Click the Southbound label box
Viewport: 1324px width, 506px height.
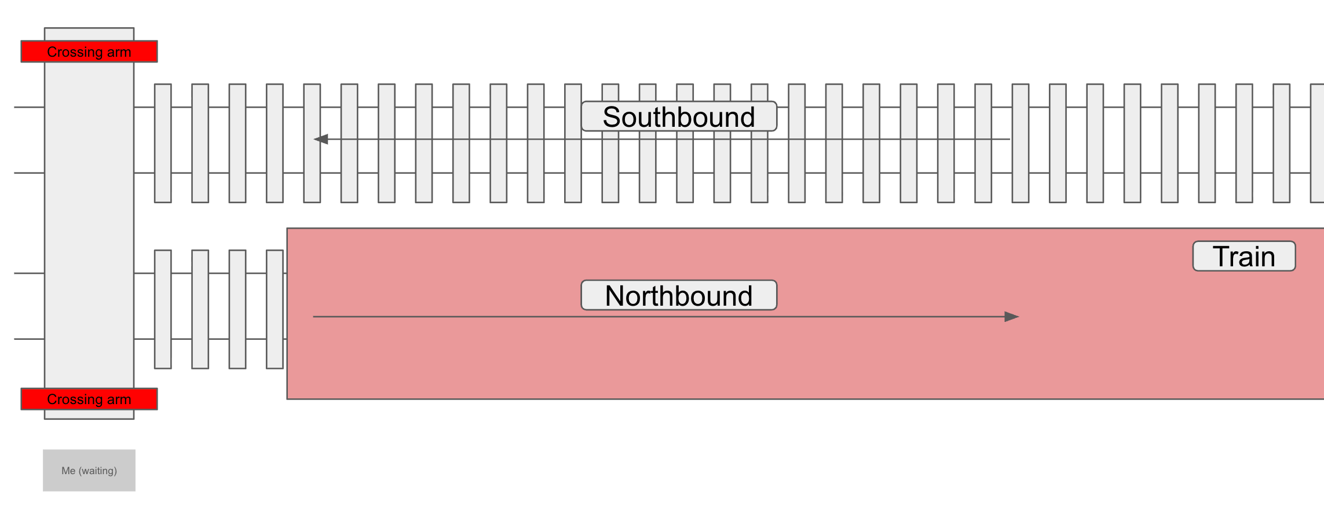[679, 116]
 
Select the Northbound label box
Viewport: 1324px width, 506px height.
[679, 295]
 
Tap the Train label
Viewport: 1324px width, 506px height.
[1243, 256]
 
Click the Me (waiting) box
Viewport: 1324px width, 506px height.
[89, 470]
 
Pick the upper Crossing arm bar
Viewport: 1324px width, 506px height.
[89, 52]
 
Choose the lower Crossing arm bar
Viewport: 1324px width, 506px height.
[89, 399]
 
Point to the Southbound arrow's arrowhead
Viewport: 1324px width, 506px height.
[321, 139]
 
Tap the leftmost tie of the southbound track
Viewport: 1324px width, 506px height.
[163, 143]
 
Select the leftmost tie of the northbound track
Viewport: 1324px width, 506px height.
[163, 309]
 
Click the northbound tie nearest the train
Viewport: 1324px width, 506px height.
[275, 309]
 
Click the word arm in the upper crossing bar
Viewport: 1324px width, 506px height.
[119, 52]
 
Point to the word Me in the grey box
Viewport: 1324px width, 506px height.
[68, 471]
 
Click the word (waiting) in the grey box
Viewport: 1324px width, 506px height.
[97, 471]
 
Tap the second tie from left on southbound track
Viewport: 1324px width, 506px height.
[200, 143]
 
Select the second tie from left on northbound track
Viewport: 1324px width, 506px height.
[200, 309]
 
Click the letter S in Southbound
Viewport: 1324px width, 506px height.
[612, 117]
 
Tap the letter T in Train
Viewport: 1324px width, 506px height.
[1221, 256]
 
